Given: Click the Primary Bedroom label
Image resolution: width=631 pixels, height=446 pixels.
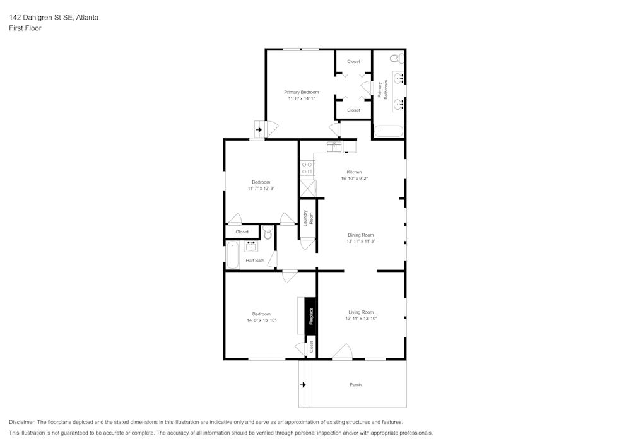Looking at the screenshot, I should [301, 92].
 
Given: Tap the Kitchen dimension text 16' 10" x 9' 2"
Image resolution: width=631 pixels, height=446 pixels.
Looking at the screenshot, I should [354, 179].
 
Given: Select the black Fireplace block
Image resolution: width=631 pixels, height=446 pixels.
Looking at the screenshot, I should [310, 315].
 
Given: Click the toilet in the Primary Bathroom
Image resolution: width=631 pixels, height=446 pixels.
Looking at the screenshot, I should [395, 59].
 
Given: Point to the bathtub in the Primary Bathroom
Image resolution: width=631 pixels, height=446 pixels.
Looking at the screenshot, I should [388, 132].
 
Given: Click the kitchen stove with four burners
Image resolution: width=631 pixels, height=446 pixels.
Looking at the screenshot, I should [307, 168].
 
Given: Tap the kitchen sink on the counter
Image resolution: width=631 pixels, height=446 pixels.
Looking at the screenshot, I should [334, 147].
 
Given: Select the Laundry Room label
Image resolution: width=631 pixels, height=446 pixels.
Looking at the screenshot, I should [307, 218].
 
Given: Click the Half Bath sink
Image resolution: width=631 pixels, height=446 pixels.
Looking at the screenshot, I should [251, 246].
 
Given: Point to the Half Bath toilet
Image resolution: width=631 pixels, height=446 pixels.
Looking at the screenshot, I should [268, 233].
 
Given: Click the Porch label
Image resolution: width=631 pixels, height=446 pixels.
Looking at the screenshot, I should [355, 385].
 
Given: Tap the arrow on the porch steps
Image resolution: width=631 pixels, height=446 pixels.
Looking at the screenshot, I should [303, 384].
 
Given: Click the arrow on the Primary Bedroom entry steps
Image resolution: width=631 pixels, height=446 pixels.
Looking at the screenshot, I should [259, 130].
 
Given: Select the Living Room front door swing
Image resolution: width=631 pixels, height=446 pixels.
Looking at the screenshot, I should [343, 352].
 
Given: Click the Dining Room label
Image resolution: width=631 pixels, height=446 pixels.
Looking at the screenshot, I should [360, 235].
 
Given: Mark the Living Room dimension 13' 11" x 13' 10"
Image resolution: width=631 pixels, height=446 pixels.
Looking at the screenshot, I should [360, 319].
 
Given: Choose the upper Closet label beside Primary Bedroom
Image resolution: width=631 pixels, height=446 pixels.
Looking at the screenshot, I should [353, 61].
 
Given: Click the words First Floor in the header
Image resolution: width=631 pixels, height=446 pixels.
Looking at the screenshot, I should [25, 28].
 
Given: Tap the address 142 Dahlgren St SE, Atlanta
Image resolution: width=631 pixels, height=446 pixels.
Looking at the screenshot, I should [54, 18].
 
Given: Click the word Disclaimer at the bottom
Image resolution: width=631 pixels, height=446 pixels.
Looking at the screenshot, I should [22, 422].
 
